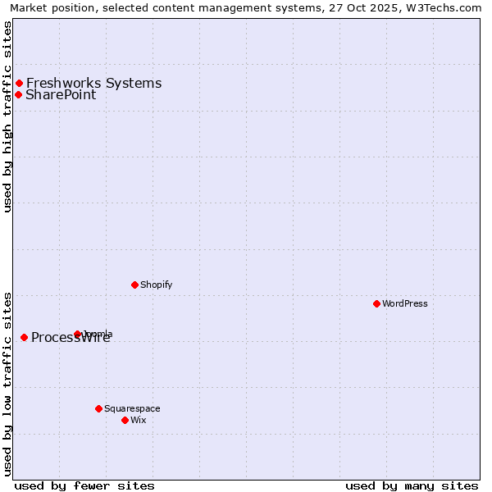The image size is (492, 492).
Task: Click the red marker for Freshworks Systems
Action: click(19, 84)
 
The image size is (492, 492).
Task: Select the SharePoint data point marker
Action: click(18, 94)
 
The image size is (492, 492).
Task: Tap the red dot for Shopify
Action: click(134, 285)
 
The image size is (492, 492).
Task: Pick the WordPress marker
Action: click(376, 303)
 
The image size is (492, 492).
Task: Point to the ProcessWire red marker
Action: click(24, 337)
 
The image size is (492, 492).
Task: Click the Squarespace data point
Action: click(98, 408)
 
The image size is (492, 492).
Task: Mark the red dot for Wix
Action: click(125, 420)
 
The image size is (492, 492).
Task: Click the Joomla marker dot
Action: click(78, 334)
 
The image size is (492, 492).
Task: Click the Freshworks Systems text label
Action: click(93, 84)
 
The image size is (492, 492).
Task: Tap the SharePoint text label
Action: click(61, 95)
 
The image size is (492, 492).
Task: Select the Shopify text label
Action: click(156, 285)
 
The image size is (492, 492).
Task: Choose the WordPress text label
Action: click(405, 304)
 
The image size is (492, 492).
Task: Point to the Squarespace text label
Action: click(132, 409)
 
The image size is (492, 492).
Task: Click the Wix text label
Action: click(139, 421)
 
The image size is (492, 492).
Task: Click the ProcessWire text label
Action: click(71, 338)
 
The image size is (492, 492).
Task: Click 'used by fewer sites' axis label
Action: click(84, 485)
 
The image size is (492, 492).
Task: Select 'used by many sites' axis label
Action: click(412, 485)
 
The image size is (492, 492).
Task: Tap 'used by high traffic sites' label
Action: click(8, 116)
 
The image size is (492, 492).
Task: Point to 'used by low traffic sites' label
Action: click(8, 384)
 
